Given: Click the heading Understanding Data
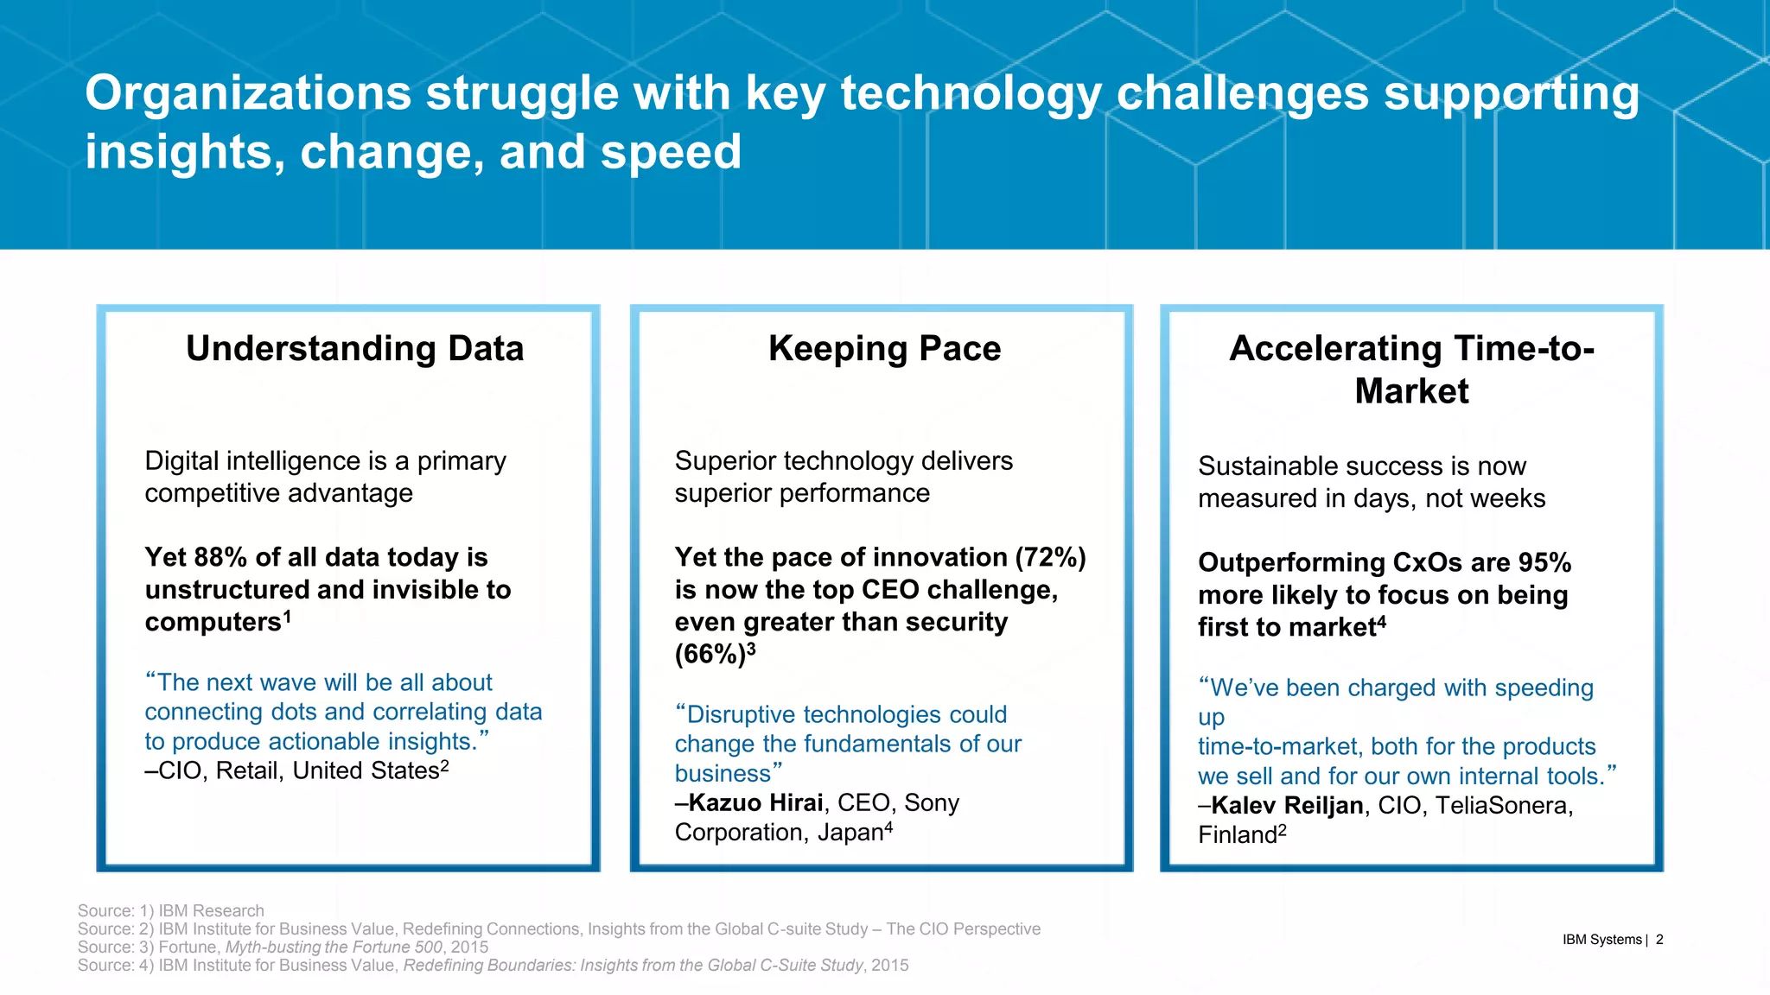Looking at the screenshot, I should tap(354, 349).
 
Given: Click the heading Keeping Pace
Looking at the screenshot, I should tap(884, 349).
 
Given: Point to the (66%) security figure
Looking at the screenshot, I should tap(709, 655).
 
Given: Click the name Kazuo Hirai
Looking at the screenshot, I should tap(755, 803).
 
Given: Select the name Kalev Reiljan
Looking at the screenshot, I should tap(1287, 806).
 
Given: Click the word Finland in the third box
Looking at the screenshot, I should tap(1237, 835).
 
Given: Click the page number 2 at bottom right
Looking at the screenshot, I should tap(1659, 940).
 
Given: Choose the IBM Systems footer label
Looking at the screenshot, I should tap(1601, 940).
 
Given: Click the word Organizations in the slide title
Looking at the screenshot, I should tap(247, 93).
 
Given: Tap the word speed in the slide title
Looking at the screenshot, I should tap(671, 152).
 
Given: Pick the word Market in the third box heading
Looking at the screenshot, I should tap(1411, 391).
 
